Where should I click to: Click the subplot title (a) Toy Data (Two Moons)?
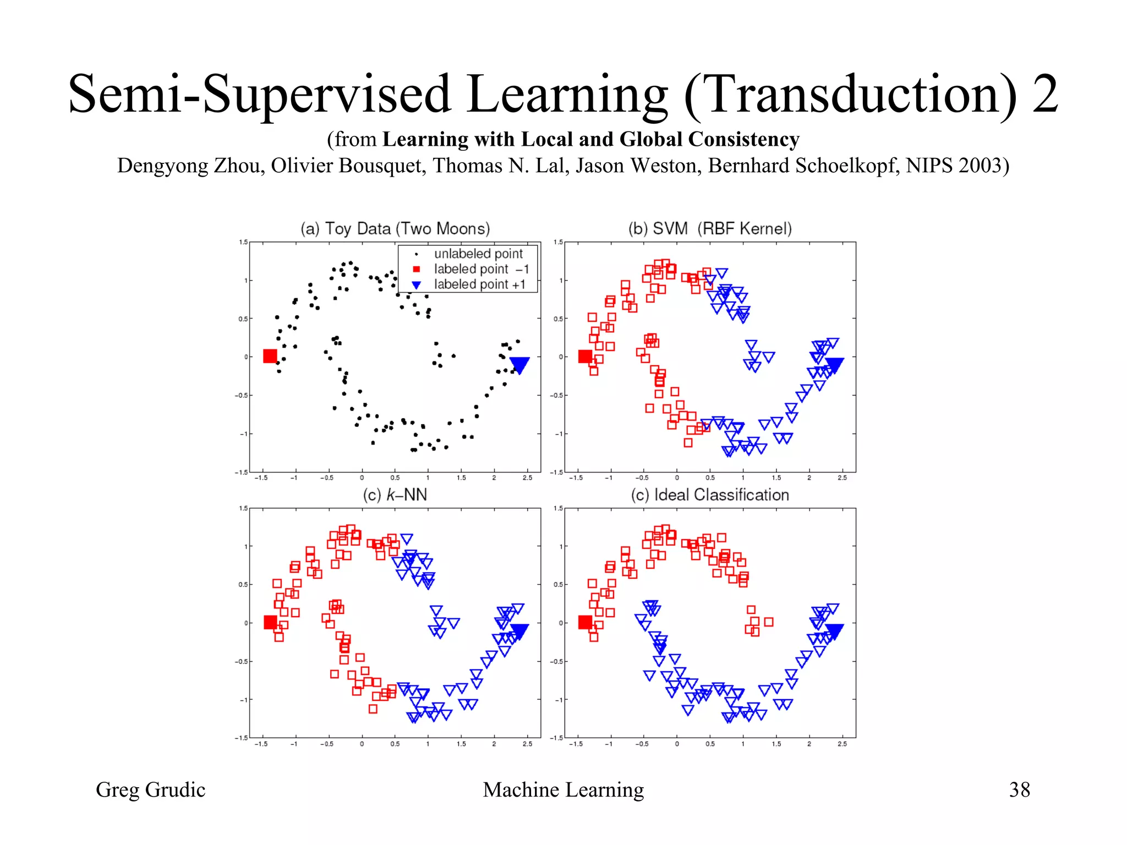click(x=395, y=228)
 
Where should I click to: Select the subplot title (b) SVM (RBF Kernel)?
click(x=710, y=228)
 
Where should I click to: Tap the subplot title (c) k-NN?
click(x=395, y=495)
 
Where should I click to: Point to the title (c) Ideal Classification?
click(x=710, y=495)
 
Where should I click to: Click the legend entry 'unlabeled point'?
click(x=478, y=254)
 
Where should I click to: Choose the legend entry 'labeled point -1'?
click(x=481, y=269)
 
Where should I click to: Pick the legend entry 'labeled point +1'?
click(x=479, y=284)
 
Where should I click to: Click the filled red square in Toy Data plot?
click(x=270, y=356)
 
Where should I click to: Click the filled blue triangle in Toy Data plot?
click(x=519, y=364)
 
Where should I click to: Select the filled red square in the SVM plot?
click(x=585, y=356)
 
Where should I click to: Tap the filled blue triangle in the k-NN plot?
click(x=519, y=630)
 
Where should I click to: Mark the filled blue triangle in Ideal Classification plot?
click(x=834, y=630)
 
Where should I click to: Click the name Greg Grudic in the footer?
click(x=150, y=789)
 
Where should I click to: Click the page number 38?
click(x=1019, y=789)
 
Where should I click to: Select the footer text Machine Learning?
click(x=563, y=789)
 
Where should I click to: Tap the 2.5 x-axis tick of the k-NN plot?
click(x=527, y=744)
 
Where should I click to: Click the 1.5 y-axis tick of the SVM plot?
click(x=558, y=242)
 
